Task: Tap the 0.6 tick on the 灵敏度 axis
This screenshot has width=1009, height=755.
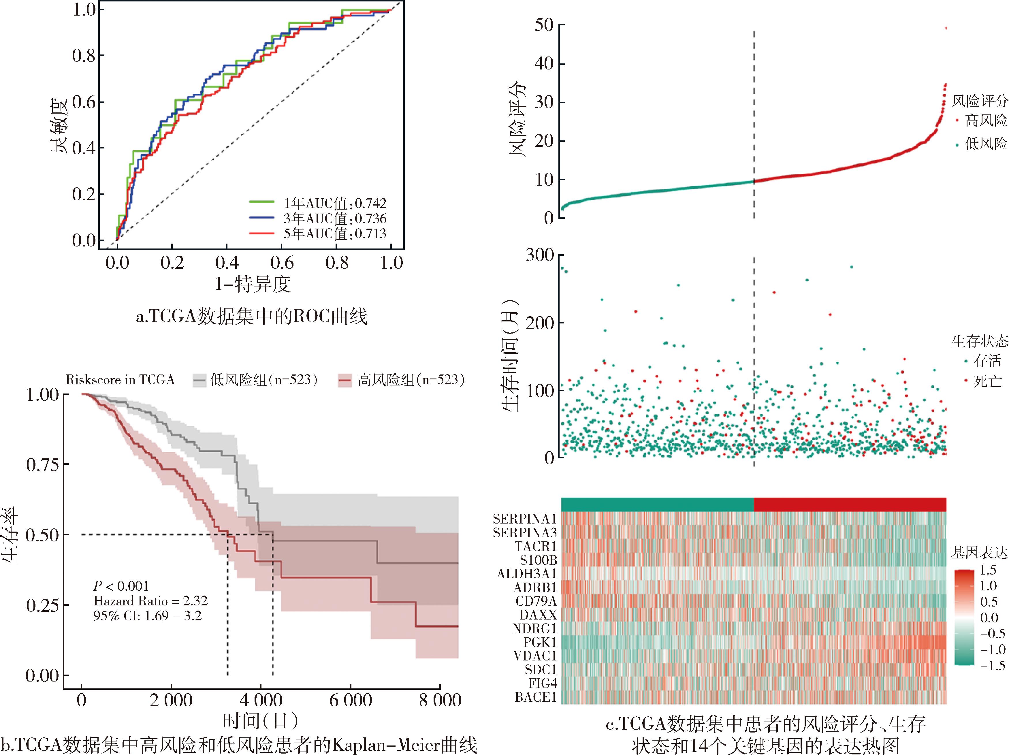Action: click(x=84, y=102)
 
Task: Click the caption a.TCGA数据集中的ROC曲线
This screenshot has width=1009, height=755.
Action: click(x=251, y=317)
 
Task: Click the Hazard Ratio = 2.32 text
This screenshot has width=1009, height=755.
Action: click(x=150, y=601)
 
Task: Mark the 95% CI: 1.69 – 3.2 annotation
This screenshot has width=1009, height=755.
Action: click(x=147, y=616)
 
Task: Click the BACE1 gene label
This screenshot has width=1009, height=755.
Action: click(x=536, y=697)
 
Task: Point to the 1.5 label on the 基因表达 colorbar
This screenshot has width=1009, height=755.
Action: click(x=988, y=570)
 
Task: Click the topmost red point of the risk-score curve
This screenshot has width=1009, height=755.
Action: click(x=946, y=28)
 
